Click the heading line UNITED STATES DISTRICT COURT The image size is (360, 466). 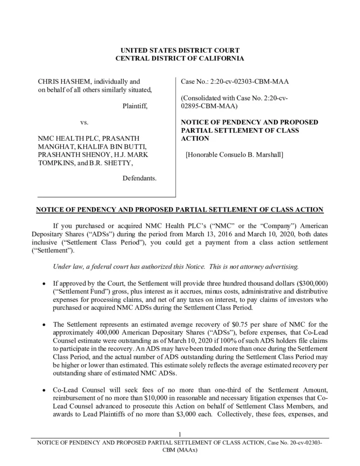pos(180,50)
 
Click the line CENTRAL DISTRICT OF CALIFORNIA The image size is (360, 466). pos(180,59)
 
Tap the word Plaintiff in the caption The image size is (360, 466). pos(135,106)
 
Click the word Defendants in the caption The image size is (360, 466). pos(139,178)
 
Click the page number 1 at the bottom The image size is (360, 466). pos(180,435)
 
